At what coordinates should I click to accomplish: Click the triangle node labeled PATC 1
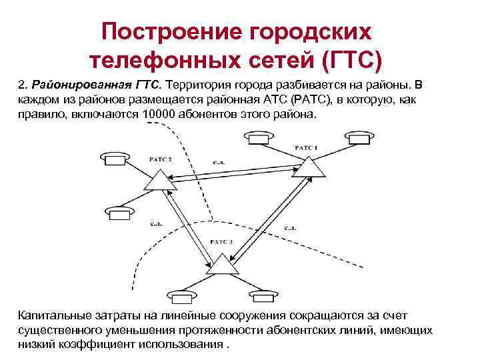[310, 167]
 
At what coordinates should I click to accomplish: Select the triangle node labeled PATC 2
[157, 179]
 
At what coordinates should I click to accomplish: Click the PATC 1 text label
[306, 147]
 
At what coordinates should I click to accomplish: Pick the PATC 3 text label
[220, 242]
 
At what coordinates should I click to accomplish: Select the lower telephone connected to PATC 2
[119, 213]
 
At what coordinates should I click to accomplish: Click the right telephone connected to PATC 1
[359, 139]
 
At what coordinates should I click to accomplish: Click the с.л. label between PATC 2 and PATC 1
[219, 162]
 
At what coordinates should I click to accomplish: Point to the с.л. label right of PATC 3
[290, 229]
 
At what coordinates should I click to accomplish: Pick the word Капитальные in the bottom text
[57, 315]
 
